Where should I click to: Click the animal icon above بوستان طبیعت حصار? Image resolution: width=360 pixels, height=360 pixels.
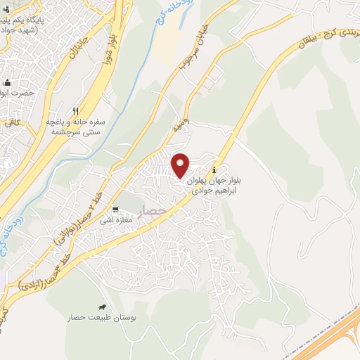(x=103, y=307)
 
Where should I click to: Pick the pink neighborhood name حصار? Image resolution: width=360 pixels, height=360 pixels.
(x=152, y=210)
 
